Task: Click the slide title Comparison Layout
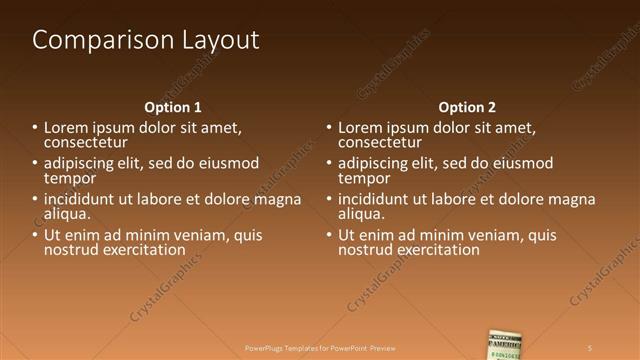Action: [x=146, y=40]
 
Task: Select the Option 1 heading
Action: [x=173, y=107]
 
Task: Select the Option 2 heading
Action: [x=467, y=107]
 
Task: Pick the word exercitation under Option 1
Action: [x=141, y=250]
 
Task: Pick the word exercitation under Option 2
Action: [x=435, y=250]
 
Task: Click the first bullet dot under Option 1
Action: [x=35, y=128]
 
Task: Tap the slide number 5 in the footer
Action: [x=590, y=347]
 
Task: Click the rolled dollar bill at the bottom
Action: [x=506, y=344]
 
